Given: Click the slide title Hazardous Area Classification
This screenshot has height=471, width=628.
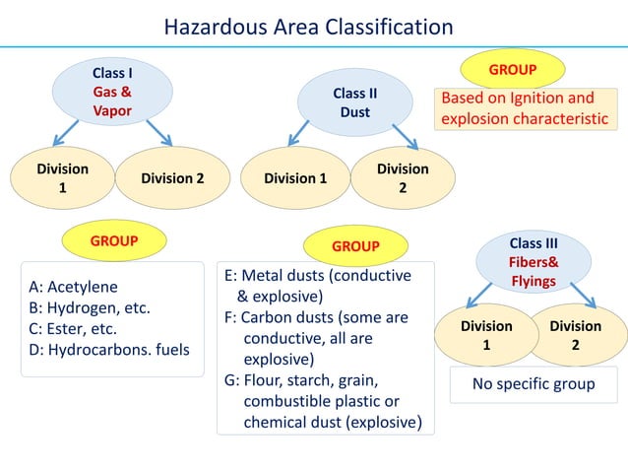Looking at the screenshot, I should pyautogui.click(x=308, y=26).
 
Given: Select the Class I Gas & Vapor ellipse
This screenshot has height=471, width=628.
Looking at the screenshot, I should pyautogui.click(x=112, y=92).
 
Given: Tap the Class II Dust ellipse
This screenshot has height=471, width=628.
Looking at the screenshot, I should pyautogui.click(x=355, y=102).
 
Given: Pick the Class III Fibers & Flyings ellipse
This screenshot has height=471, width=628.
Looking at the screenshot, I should pyautogui.click(x=534, y=261).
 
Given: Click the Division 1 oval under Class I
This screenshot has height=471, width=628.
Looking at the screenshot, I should pyautogui.click(x=63, y=178).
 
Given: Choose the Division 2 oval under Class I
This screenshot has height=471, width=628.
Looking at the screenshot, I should pyautogui.click(x=172, y=178).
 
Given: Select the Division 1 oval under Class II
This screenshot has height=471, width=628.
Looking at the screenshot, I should pyautogui.click(x=295, y=178).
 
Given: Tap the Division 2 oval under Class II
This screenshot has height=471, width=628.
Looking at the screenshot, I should pyautogui.click(x=403, y=178).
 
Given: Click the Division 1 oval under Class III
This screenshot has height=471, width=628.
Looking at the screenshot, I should pyautogui.click(x=486, y=335).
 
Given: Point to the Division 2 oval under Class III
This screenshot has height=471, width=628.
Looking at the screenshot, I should pyautogui.click(x=576, y=335).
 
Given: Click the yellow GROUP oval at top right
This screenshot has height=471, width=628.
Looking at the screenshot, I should pyautogui.click(x=513, y=70).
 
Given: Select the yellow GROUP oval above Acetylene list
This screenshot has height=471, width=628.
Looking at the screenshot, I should pyautogui.click(x=113, y=239).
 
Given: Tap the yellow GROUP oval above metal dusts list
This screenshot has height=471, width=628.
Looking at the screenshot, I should pyautogui.click(x=354, y=245).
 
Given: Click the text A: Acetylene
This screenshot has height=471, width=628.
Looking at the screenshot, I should pyautogui.click(x=74, y=287).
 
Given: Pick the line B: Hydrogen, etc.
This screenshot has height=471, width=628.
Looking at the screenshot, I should pyautogui.click(x=90, y=307).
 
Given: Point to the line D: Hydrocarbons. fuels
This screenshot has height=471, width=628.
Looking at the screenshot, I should pyautogui.click(x=109, y=349).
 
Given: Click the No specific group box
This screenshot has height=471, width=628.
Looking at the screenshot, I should pyautogui.click(x=534, y=383).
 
